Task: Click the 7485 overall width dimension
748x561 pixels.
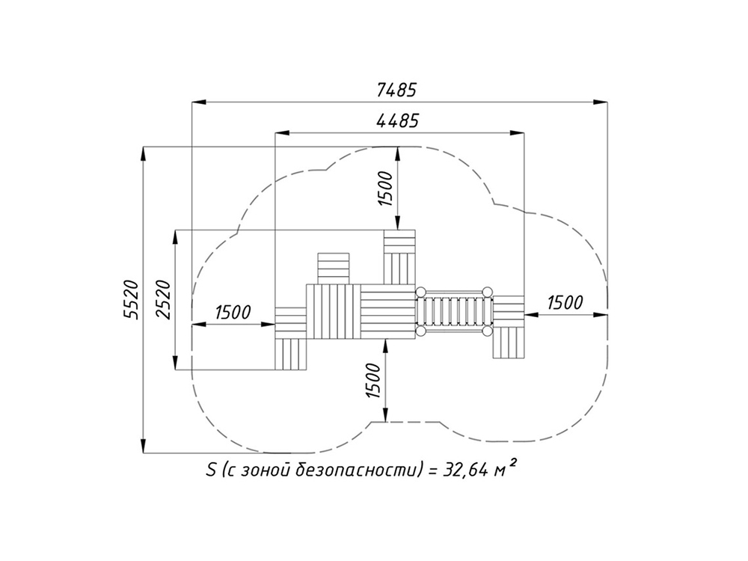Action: pyautogui.click(x=396, y=89)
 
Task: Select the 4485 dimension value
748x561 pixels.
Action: pyautogui.click(x=397, y=120)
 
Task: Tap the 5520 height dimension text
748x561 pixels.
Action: pyautogui.click(x=131, y=300)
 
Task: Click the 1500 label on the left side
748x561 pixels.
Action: pyautogui.click(x=233, y=313)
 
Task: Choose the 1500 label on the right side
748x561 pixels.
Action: pyautogui.click(x=565, y=302)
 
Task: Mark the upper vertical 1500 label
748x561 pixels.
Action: pyautogui.click(x=386, y=188)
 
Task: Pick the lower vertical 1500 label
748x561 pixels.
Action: pyautogui.click(x=373, y=381)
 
